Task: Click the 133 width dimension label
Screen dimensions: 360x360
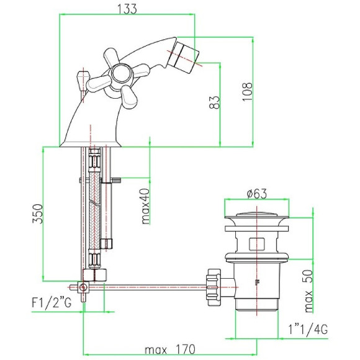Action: tap(127, 9)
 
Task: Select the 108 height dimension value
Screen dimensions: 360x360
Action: tap(247, 92)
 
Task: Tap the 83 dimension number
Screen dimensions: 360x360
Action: tap(214, 102)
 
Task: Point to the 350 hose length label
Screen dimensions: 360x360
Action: tap(38, 214)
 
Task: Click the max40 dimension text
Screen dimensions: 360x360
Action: tap(146, 206)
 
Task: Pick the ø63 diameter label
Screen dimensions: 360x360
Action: tap(257, 194)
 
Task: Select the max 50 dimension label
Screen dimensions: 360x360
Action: tap(309, 291)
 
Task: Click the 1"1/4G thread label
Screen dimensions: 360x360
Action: tap(308, 330)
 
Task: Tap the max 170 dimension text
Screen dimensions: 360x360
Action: tap(170, 349)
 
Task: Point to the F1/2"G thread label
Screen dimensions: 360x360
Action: tap(52, 303)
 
